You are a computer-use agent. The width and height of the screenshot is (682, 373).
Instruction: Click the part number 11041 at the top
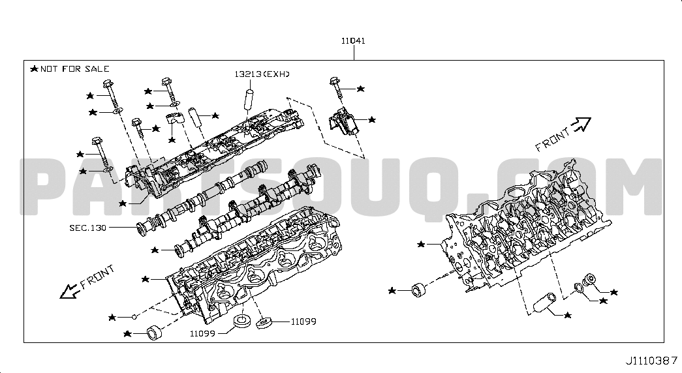353,41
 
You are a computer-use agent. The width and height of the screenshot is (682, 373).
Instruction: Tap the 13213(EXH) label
262,74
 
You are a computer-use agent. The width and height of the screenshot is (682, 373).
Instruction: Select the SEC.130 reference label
88,228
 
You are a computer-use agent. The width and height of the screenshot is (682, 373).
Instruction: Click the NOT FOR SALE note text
75,68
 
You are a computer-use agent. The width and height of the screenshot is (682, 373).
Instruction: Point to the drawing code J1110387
651,361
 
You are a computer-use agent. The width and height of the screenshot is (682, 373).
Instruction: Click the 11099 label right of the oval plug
303,321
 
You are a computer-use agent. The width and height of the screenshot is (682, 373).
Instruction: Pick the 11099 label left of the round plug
202,333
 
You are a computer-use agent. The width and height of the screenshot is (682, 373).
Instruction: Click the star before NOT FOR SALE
35,68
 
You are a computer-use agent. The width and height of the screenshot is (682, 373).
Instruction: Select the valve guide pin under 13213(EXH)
249,100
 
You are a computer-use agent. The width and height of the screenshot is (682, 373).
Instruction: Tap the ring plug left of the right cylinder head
419,289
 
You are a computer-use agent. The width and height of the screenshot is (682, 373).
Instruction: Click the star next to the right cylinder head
420,245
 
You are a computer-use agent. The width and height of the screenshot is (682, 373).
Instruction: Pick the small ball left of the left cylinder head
134,317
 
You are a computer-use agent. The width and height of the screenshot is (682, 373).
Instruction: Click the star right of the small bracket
372,119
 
